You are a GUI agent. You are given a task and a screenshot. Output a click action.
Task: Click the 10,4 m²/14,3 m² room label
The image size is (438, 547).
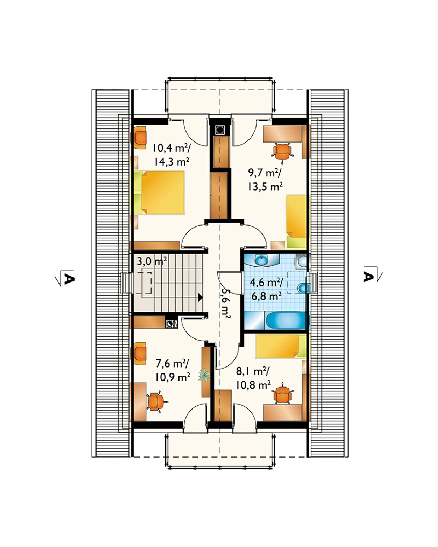pyautogui.click(x=171, y=155)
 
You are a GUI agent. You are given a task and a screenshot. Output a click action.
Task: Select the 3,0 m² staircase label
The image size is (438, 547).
pyautogui.click(x=152, y=261)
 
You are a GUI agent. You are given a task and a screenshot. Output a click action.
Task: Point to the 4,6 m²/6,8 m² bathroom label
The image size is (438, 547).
pyautogui.click(x=266, y=289)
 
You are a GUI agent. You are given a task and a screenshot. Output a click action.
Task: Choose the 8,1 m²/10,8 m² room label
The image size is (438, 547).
pyautogui.click(x=253, y=378)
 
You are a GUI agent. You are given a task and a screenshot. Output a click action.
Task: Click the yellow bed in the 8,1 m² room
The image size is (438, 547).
pyautogui.click(x=281, y=346)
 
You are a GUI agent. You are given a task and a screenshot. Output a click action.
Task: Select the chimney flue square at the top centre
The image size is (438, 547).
pyautogui.click(x=219, y=130)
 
